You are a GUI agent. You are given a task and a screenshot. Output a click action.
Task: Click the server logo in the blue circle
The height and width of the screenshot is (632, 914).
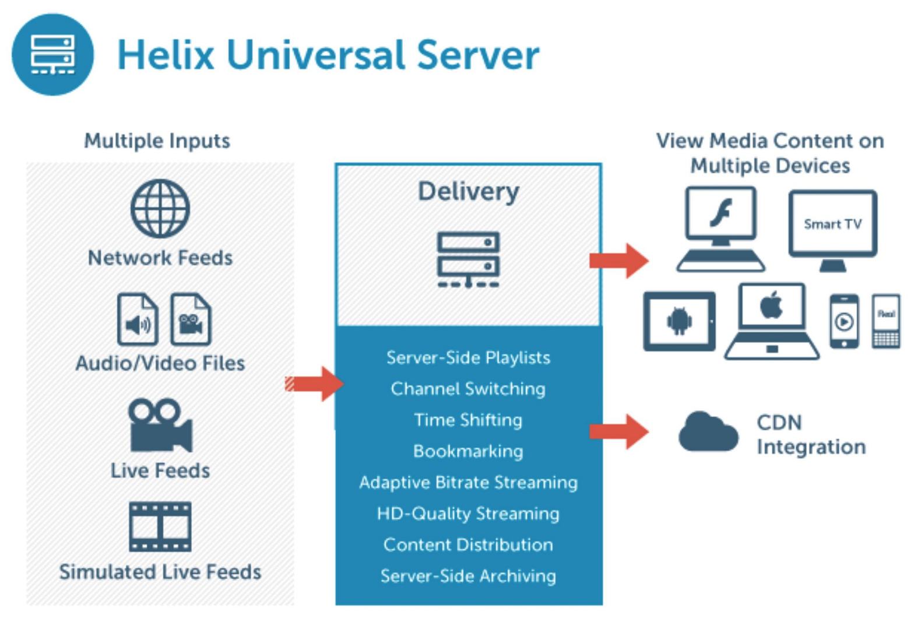tap(52, 55)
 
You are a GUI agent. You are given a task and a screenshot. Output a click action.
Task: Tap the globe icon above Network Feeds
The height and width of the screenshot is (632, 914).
tap(160, 209)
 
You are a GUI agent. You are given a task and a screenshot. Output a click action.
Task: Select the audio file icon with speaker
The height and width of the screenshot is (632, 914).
tap(138, 319)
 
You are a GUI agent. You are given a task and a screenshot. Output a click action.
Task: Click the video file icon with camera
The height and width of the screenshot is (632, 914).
tap(191, 319)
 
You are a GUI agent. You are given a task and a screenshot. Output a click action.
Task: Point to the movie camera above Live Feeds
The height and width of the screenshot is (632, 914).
tap(160, 426)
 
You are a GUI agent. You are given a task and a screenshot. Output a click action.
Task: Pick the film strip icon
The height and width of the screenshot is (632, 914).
tap(160, 527)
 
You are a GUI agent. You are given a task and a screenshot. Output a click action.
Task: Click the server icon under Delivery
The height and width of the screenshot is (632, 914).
tap(468, 259)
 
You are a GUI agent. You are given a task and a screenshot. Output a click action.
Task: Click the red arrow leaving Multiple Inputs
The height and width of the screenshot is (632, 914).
tap(315, 384)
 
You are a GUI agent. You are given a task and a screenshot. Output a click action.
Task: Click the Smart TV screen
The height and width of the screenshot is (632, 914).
tap(832, 224)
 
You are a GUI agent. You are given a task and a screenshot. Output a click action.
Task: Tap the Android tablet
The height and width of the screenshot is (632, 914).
tap(679, 321)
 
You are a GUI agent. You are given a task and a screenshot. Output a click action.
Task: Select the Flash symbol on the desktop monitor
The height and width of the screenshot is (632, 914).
tap(721, 212)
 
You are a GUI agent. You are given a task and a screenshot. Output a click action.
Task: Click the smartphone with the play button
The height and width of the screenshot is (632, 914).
tap(844, 321)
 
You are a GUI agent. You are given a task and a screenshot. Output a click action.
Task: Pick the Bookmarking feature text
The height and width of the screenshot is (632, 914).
tap(468, 451)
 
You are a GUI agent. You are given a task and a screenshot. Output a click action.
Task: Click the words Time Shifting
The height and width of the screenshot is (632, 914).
tap(468, 420)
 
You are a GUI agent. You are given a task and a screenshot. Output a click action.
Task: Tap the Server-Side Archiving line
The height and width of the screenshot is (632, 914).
tap(468, 576)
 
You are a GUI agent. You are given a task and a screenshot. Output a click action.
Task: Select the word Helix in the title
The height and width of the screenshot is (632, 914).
tap(166, 55)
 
